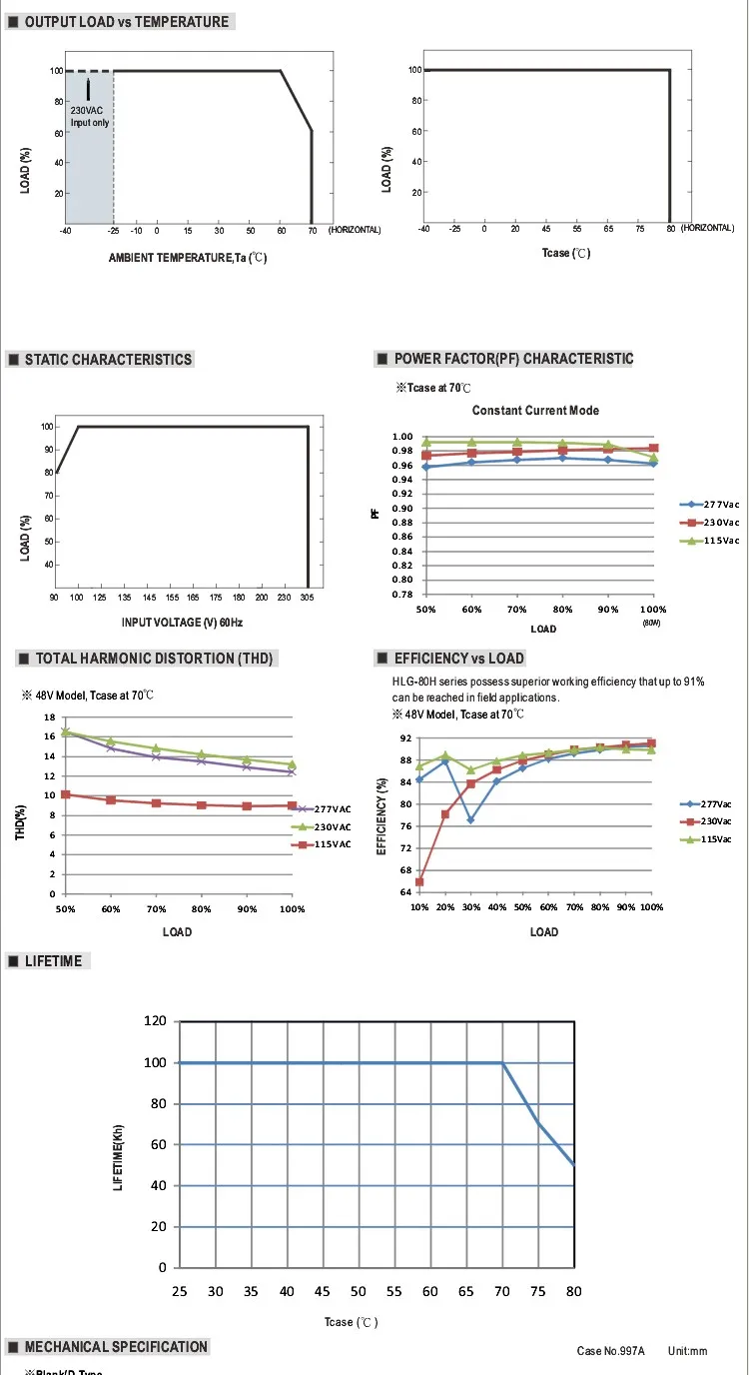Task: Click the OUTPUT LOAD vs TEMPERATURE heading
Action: pyautogui.click(x=126, y=22)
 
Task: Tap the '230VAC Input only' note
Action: pyautogui.click(x=89, y=117)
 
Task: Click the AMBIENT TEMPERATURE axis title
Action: pyautogui.click(x=188, y=258)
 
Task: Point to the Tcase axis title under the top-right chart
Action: pyautogui.click(x=566, y=254)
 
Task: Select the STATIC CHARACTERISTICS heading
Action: pyautogui.click(x=108, y=360)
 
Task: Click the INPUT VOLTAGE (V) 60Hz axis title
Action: pyautogui.click(x=182, y=623)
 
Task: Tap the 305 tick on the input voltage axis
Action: pyautogui.click(x=307, y=597)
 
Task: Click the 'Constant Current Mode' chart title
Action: pyautogui.click(x=535, y=411)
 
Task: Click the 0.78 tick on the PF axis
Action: pyautogui.click(x=401, y=595)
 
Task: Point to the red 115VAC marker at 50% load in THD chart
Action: pyautogui.click(x=66, y=794)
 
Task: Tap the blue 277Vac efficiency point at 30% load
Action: pyautogui.click(x=470, y=819)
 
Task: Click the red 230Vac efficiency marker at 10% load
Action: pyautogui.click(x=419, y=881)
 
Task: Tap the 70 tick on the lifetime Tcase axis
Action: pyautogui.click(x=501, y=1292)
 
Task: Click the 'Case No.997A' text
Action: pyautogui.click(x=611, y=1351)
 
